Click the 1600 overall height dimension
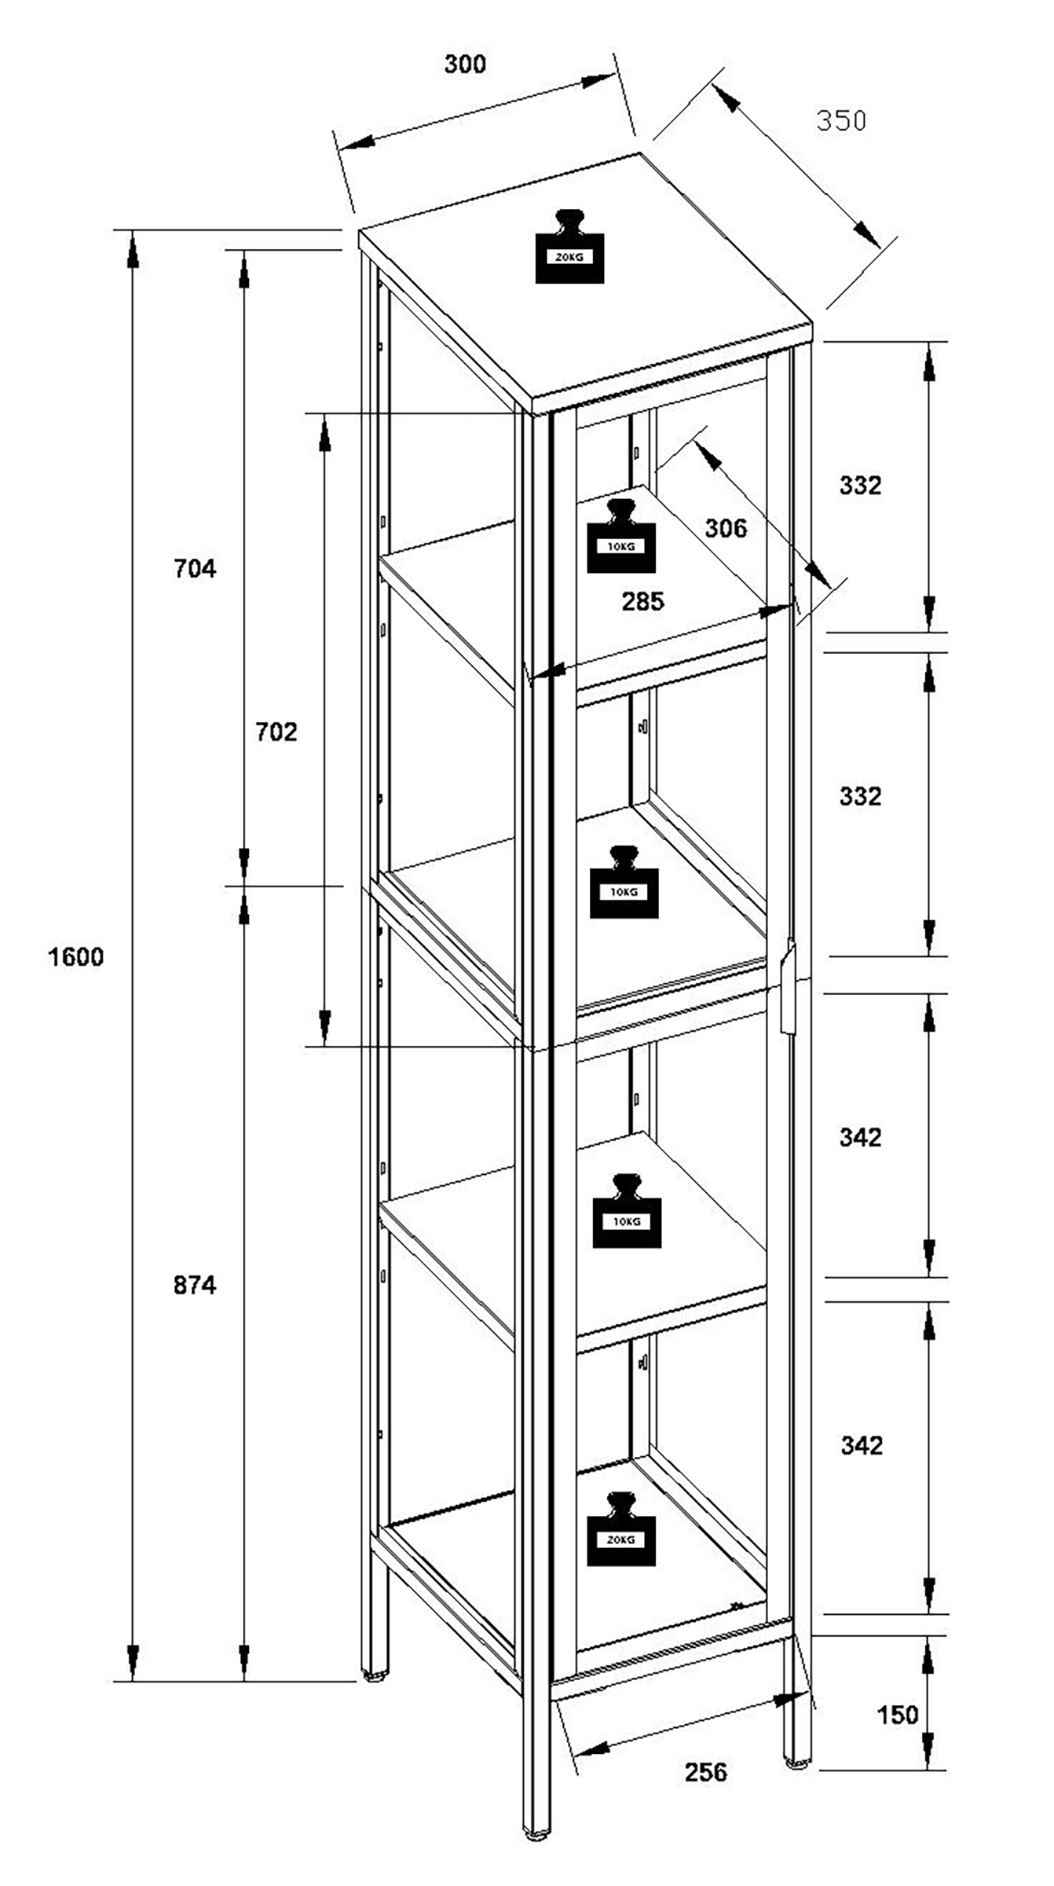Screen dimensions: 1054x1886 pyautogui.click(x=75, y=957)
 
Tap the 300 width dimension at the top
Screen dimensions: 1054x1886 pyautogui.click(x=465, y=64)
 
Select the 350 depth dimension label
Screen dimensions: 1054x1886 pyautogui.click(x=841, y=120)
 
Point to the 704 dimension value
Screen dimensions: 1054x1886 pyautogui.click(x=195, y=568)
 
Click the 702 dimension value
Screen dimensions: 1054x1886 pyautogui.click(x=276, y=732)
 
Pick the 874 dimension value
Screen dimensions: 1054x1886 pyautogui.click(x=195, y=1285)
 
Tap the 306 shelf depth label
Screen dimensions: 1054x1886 pyautogui.click(x=726, y=528)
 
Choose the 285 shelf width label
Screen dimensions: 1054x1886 pyautogui.click(x=643, y=601)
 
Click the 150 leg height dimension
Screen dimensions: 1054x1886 pyautogui.click(x=897, y=1714)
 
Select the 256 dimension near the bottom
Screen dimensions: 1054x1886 pyautogui.click(x=706, y=1772)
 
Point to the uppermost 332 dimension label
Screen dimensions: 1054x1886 pyautogui.click(x=861, y=486)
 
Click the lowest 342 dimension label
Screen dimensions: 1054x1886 pyautogui.click(x=862, y=1445)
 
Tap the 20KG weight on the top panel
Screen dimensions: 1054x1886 pyautogui.click(x=569, y=247)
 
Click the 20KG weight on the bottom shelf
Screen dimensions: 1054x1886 pyautogui.click(x=621, y=1528)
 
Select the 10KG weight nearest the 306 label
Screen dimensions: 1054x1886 pyautogui.click(x=621, y=536)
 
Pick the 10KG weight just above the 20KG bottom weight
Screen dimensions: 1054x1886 pyautogui.click(x=627, y=1211)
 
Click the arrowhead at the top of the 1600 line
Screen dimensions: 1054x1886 pyautogui.click(x=134, y=248)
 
